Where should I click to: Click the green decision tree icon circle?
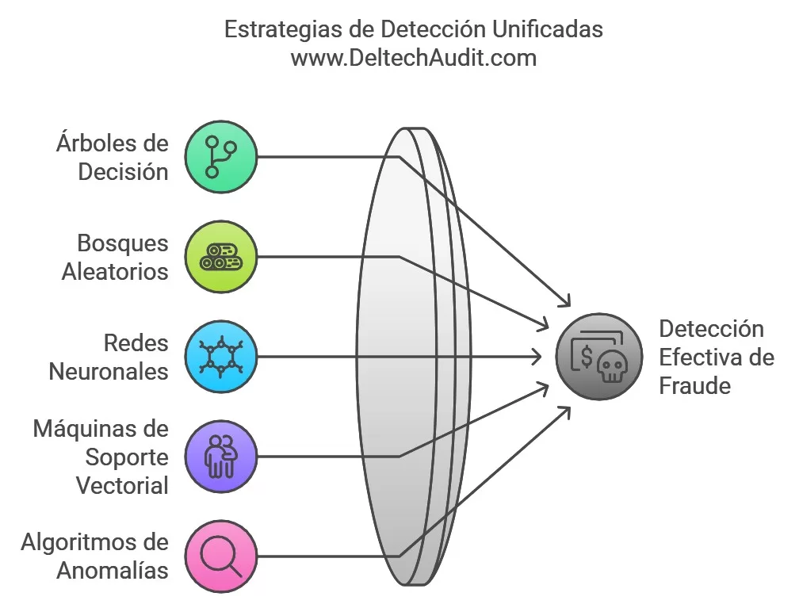(220, 157)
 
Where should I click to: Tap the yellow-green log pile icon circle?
(220, 257)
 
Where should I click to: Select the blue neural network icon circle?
(220, 357)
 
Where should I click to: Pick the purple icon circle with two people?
(220, 457)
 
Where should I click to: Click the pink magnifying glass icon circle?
(220, 556)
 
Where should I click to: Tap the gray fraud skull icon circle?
(598, 357)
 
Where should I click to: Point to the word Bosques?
(123, 243)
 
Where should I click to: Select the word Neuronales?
(109, 372)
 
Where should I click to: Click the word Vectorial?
(122, 485)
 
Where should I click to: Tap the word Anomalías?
(113, 570)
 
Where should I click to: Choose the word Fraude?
(695, 386)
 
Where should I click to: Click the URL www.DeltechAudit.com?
(414, 58)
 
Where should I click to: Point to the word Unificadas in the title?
(547, 29)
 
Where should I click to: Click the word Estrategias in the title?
(283, 30)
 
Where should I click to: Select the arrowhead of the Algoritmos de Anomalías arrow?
(566, 411)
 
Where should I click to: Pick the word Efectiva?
(697, 358)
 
